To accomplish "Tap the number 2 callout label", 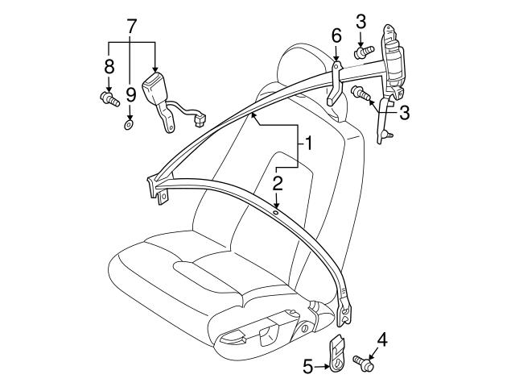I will tap(277, 184).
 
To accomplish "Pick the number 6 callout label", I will tap(336, 35).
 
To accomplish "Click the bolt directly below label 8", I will tap(106, 98).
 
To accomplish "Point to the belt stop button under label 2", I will tap(276, 214).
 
